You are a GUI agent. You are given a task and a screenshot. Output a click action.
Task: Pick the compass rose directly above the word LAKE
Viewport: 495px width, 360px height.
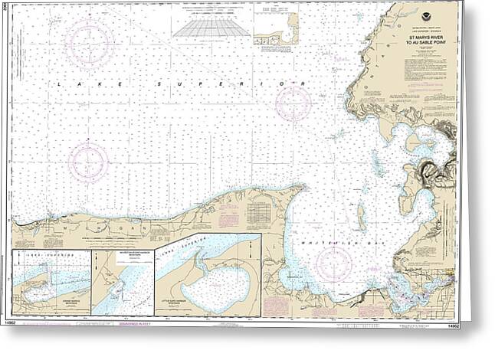pos(89,43)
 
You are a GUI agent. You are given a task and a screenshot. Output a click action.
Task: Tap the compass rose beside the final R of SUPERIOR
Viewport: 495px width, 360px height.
pos(293,101)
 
